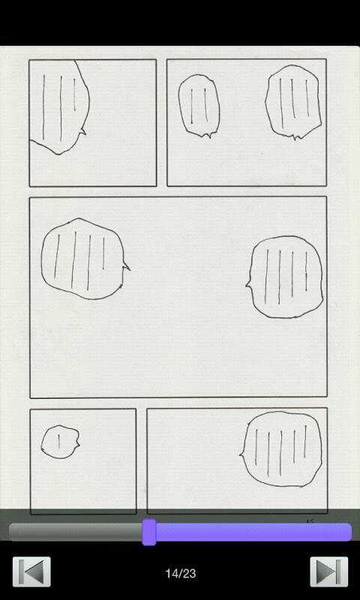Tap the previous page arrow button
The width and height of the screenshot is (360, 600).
pyautogui.click(x=31, y=572)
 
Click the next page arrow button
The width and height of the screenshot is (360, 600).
pyautogui.click(x=328, y=572)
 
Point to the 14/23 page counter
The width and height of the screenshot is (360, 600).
pyautogui.click(x=180, y=573)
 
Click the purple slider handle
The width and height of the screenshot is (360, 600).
pyautogui.click(x=149, y=532)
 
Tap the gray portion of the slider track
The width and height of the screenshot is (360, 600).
pyautogui.click(x=75, y=532)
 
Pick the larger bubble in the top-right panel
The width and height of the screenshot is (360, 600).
pyautogui.click(x=293, y=101)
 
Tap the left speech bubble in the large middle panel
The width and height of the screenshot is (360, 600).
pyautogui.click(x=81, y=259)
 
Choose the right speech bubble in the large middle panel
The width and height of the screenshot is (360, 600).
pyautogui.click(x=286, y=276)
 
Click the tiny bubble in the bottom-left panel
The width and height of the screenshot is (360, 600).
pyautogui.click(x=59, y=442)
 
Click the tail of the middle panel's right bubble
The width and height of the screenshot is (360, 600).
pyautogui.click(x=247, y=283)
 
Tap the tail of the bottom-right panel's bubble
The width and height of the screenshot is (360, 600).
pyautogui.click(x=242, y=453)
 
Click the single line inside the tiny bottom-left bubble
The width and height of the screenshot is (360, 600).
pyautogui.click(x=59, y=442)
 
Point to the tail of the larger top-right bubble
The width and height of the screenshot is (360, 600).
pyautogui.click(x=297, y=136)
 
